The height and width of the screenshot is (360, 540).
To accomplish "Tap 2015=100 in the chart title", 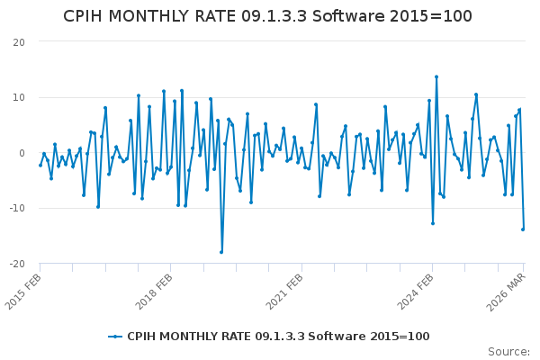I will pos(434,16).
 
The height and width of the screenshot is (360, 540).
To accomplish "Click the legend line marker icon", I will pos(115,337).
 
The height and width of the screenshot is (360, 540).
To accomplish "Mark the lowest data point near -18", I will pos(221,252).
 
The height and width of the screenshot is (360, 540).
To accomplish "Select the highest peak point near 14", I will pos(436,76).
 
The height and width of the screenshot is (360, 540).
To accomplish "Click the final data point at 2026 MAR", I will pos(523,229).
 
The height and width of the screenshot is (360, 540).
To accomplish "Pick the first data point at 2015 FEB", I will pos(40,165).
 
